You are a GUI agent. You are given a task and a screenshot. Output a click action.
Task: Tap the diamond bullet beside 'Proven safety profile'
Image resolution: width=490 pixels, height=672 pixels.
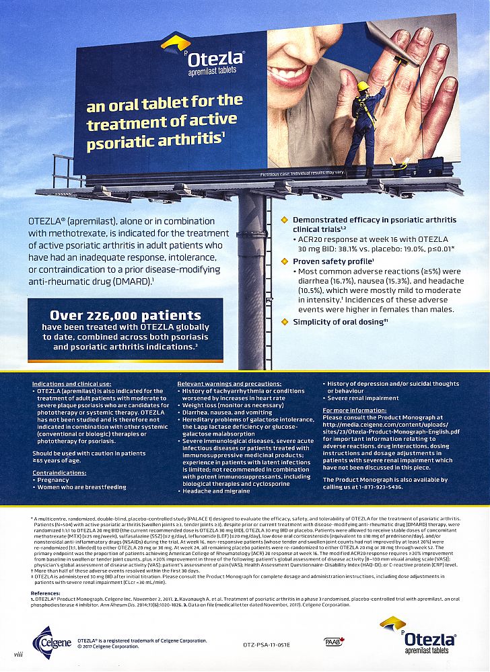(284, 261)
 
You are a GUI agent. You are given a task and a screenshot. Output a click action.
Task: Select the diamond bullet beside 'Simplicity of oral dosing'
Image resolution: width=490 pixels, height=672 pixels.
(284, 322)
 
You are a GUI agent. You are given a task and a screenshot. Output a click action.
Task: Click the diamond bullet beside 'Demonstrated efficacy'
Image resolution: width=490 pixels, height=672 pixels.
(284, 220)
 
